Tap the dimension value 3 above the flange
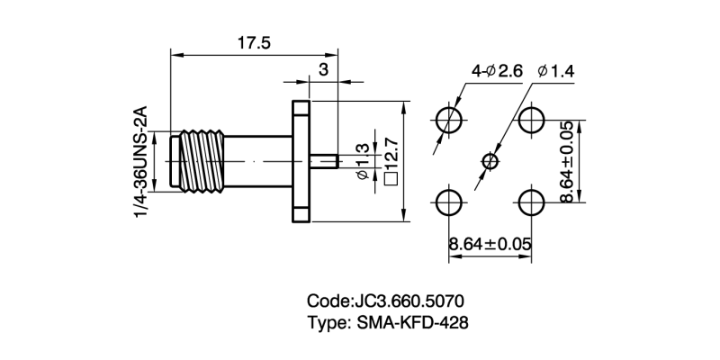[323, 68]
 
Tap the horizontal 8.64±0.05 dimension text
[490, 243]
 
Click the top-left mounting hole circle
[449, 119]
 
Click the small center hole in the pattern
[490, 161]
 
